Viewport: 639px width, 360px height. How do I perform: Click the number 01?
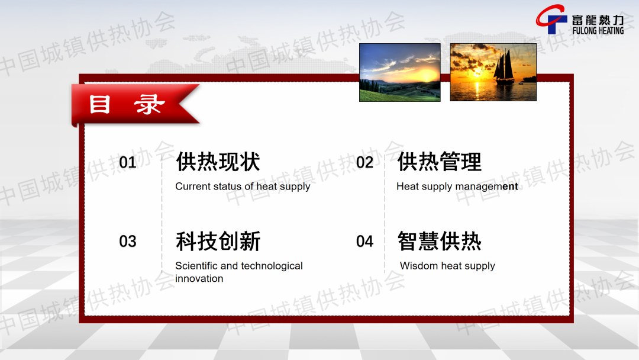pyautogui.click(x=128, y=162)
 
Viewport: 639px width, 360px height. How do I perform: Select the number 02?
pyautogui.click(x=364, y=162)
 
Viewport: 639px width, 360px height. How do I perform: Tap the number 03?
pyautogui.click(x=128, y=242)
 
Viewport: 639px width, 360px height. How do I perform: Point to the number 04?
pyautogui.click(x=364, y=242)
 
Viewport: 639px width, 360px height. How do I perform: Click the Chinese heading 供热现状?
pyautogui.click(x=218, y=162)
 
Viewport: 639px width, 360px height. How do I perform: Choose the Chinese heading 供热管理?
pyautogui.click(x=439, y=162)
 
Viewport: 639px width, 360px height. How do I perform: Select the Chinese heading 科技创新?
pyautogui.click(x=218, y=241)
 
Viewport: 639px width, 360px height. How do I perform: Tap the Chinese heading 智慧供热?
pyautogui.click(x=439, y=241)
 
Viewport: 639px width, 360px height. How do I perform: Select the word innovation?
pyautogui.click(x=199, y=278)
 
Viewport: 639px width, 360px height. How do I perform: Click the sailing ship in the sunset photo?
pyautogui.click(x=504, y=67)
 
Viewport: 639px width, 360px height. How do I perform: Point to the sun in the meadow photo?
pyautogui.click(x=426, y=75)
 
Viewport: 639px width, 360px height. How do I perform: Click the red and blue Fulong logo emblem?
pyautogui.click(x=551, y=19)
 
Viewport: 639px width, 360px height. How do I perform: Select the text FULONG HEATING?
pyautogui.click(x=598, y=31)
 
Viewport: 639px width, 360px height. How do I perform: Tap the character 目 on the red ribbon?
pyautogui.click(x=100, y=104)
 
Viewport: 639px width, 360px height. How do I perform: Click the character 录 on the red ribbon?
pyautogui.click(x=150, y=104)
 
